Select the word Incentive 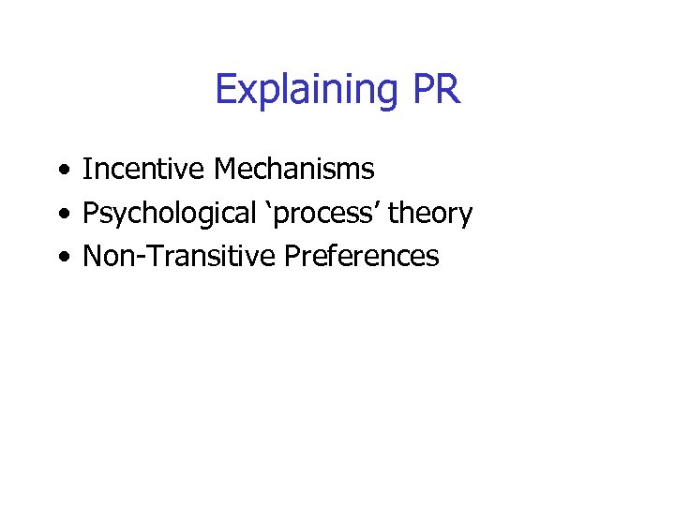point(144,170)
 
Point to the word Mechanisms point(293,170)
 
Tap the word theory point(430,215)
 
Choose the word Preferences point(360,256)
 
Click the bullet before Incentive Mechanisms point(61,171)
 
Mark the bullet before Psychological point(61,214)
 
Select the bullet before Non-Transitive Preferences point(61,257)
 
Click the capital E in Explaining point(225,89)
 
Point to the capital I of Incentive point(87,170)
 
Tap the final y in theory point(465,217)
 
